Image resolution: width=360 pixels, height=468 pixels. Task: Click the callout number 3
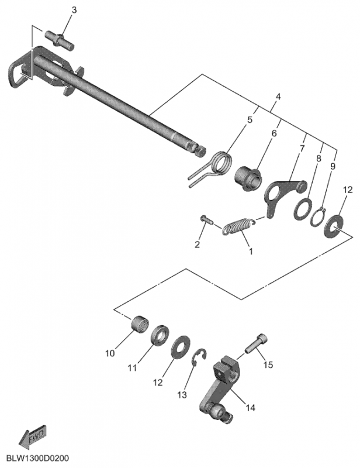[74, 11]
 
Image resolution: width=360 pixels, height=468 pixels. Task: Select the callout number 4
[278, 97]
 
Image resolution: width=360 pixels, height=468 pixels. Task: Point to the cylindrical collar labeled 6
[249, 176]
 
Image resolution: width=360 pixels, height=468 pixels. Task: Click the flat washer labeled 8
[304, 208]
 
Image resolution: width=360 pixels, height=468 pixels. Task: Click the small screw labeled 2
[205, 219]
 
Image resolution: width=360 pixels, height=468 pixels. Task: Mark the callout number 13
[182, 395]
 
